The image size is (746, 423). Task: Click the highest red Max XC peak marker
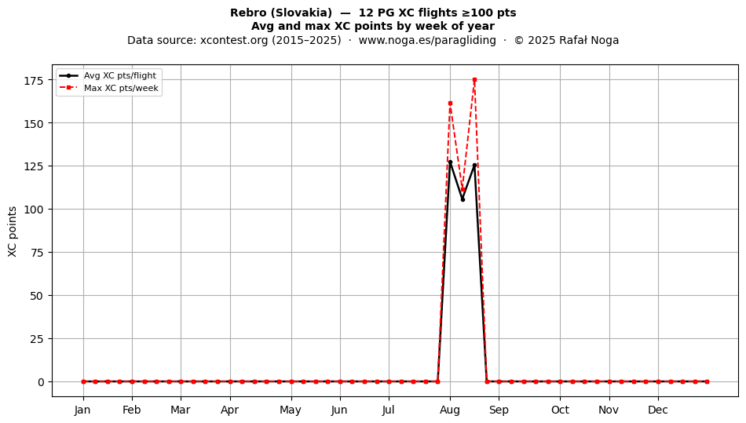coord(474,80)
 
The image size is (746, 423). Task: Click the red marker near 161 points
coord(450,103)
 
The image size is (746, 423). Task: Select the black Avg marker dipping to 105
coord(463,199)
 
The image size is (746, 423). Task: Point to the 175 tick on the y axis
coord(34,80)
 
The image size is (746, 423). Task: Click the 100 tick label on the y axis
coord(34,209)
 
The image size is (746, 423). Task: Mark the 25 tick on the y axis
coord(37,339)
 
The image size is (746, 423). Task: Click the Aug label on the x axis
coord(450,410)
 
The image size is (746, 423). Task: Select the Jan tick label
coord(82,410)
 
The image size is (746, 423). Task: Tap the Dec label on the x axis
coord(658,410)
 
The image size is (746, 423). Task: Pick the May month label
coord(291,410)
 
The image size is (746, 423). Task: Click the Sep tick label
coord(499,410)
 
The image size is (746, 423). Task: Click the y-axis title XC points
coord(13,232)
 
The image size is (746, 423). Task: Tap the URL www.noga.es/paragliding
coord(427,40)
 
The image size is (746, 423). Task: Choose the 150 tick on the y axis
coord(34,123)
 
